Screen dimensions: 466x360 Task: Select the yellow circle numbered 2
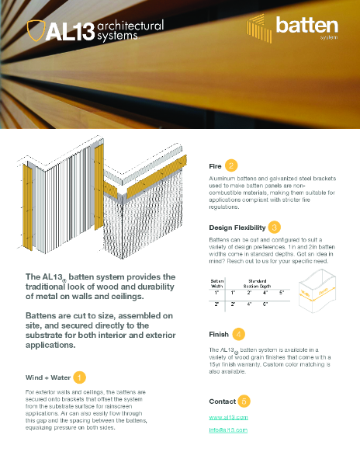[x=232, y=166]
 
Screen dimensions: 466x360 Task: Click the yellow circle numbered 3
[x=275, y=227]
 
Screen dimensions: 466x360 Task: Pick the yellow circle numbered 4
[x=239, y=334]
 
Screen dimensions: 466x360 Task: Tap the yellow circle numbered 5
[x=244, y=401]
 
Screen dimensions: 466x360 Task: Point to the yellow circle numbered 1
[x=81, y=378]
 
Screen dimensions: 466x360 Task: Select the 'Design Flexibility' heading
[x=237, y=228]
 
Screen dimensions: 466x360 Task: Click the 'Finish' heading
[x=219, y=335]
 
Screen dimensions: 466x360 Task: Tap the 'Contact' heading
[x=222, y=402]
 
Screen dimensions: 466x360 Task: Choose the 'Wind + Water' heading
[x=50, y=378]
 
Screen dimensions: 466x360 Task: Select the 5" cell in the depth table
[x=282, y=292]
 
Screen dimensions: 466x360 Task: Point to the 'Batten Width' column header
[x=217, y=282]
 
